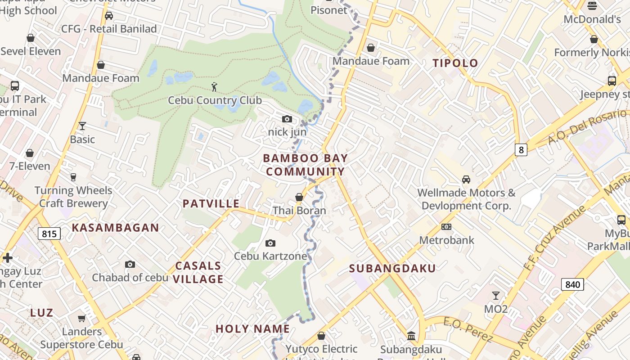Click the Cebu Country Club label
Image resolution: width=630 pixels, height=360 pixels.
click(x=215, y=100)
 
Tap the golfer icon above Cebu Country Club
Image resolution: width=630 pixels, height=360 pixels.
click(x=215, y=86)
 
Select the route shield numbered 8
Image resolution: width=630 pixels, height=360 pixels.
click(x=521, y=150)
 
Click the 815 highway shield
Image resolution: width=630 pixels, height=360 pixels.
click(x=49, y=234)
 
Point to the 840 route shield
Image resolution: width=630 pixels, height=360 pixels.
click(x=572, y=284)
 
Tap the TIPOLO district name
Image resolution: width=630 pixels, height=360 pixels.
click(x=455, y=63)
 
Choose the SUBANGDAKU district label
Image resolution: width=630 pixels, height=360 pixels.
click(x=392, y=269)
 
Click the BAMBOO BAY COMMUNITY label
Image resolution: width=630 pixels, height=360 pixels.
click(x=305, y=165)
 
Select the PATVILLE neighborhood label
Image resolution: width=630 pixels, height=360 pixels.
click(x=211, y=203)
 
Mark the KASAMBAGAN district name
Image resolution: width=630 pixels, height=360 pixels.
click(x=116, y=228)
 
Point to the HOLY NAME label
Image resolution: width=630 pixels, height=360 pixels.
click(x=252, y=328)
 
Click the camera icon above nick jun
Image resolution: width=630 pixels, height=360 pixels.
click(x=287, y=119)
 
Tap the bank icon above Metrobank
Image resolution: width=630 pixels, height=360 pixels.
click(x=446, y=227)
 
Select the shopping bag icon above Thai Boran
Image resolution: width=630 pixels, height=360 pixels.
click(x=299, y=198)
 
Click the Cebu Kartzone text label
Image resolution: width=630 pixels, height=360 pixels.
click(x=270, y=256)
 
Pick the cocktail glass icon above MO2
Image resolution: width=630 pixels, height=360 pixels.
click(x=495, y=296)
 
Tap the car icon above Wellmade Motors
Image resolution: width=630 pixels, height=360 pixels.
click(x=466, y=180)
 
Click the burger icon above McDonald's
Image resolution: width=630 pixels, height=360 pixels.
click(x=592, y=6)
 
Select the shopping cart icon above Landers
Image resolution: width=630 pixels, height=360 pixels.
click(x=81, y=319)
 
